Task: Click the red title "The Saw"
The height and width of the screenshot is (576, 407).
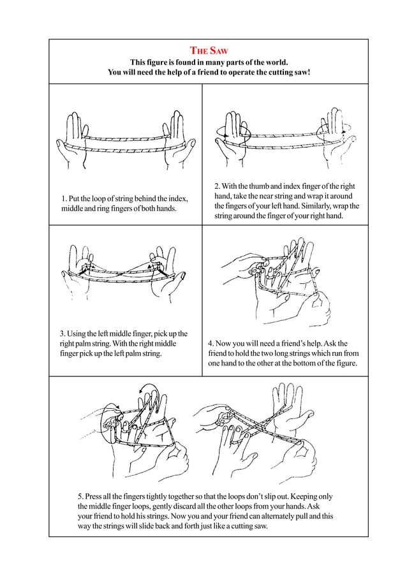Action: pos(209,50)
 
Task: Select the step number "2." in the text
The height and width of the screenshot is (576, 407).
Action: pos(218,186)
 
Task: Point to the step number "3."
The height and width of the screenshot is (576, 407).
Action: pos(63,334)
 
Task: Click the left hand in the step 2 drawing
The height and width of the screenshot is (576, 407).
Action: pos(230,140)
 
